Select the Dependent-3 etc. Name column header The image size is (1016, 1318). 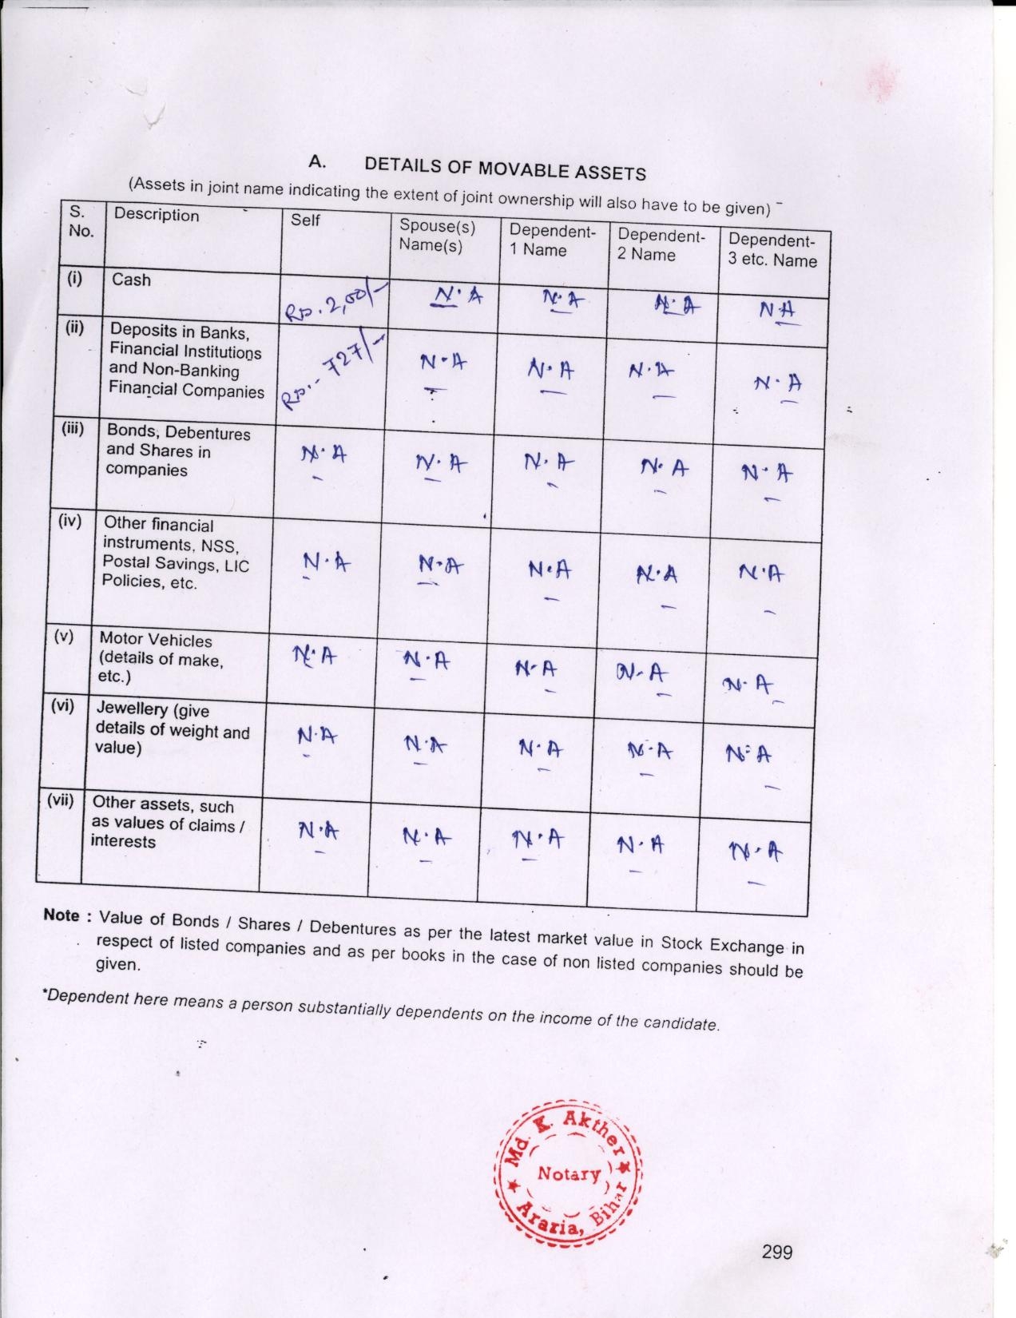point(772,250)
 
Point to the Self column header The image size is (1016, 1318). point(305,219)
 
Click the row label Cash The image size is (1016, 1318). point(131,280)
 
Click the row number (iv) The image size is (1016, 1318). point(69,521)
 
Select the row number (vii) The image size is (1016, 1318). point(60,800)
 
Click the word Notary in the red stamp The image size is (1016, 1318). point(569,1173)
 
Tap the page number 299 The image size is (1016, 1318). point(776,1252)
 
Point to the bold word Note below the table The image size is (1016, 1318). point(62,915)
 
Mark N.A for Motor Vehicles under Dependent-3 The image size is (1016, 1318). point(748,685)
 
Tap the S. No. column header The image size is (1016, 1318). point(81,221)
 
